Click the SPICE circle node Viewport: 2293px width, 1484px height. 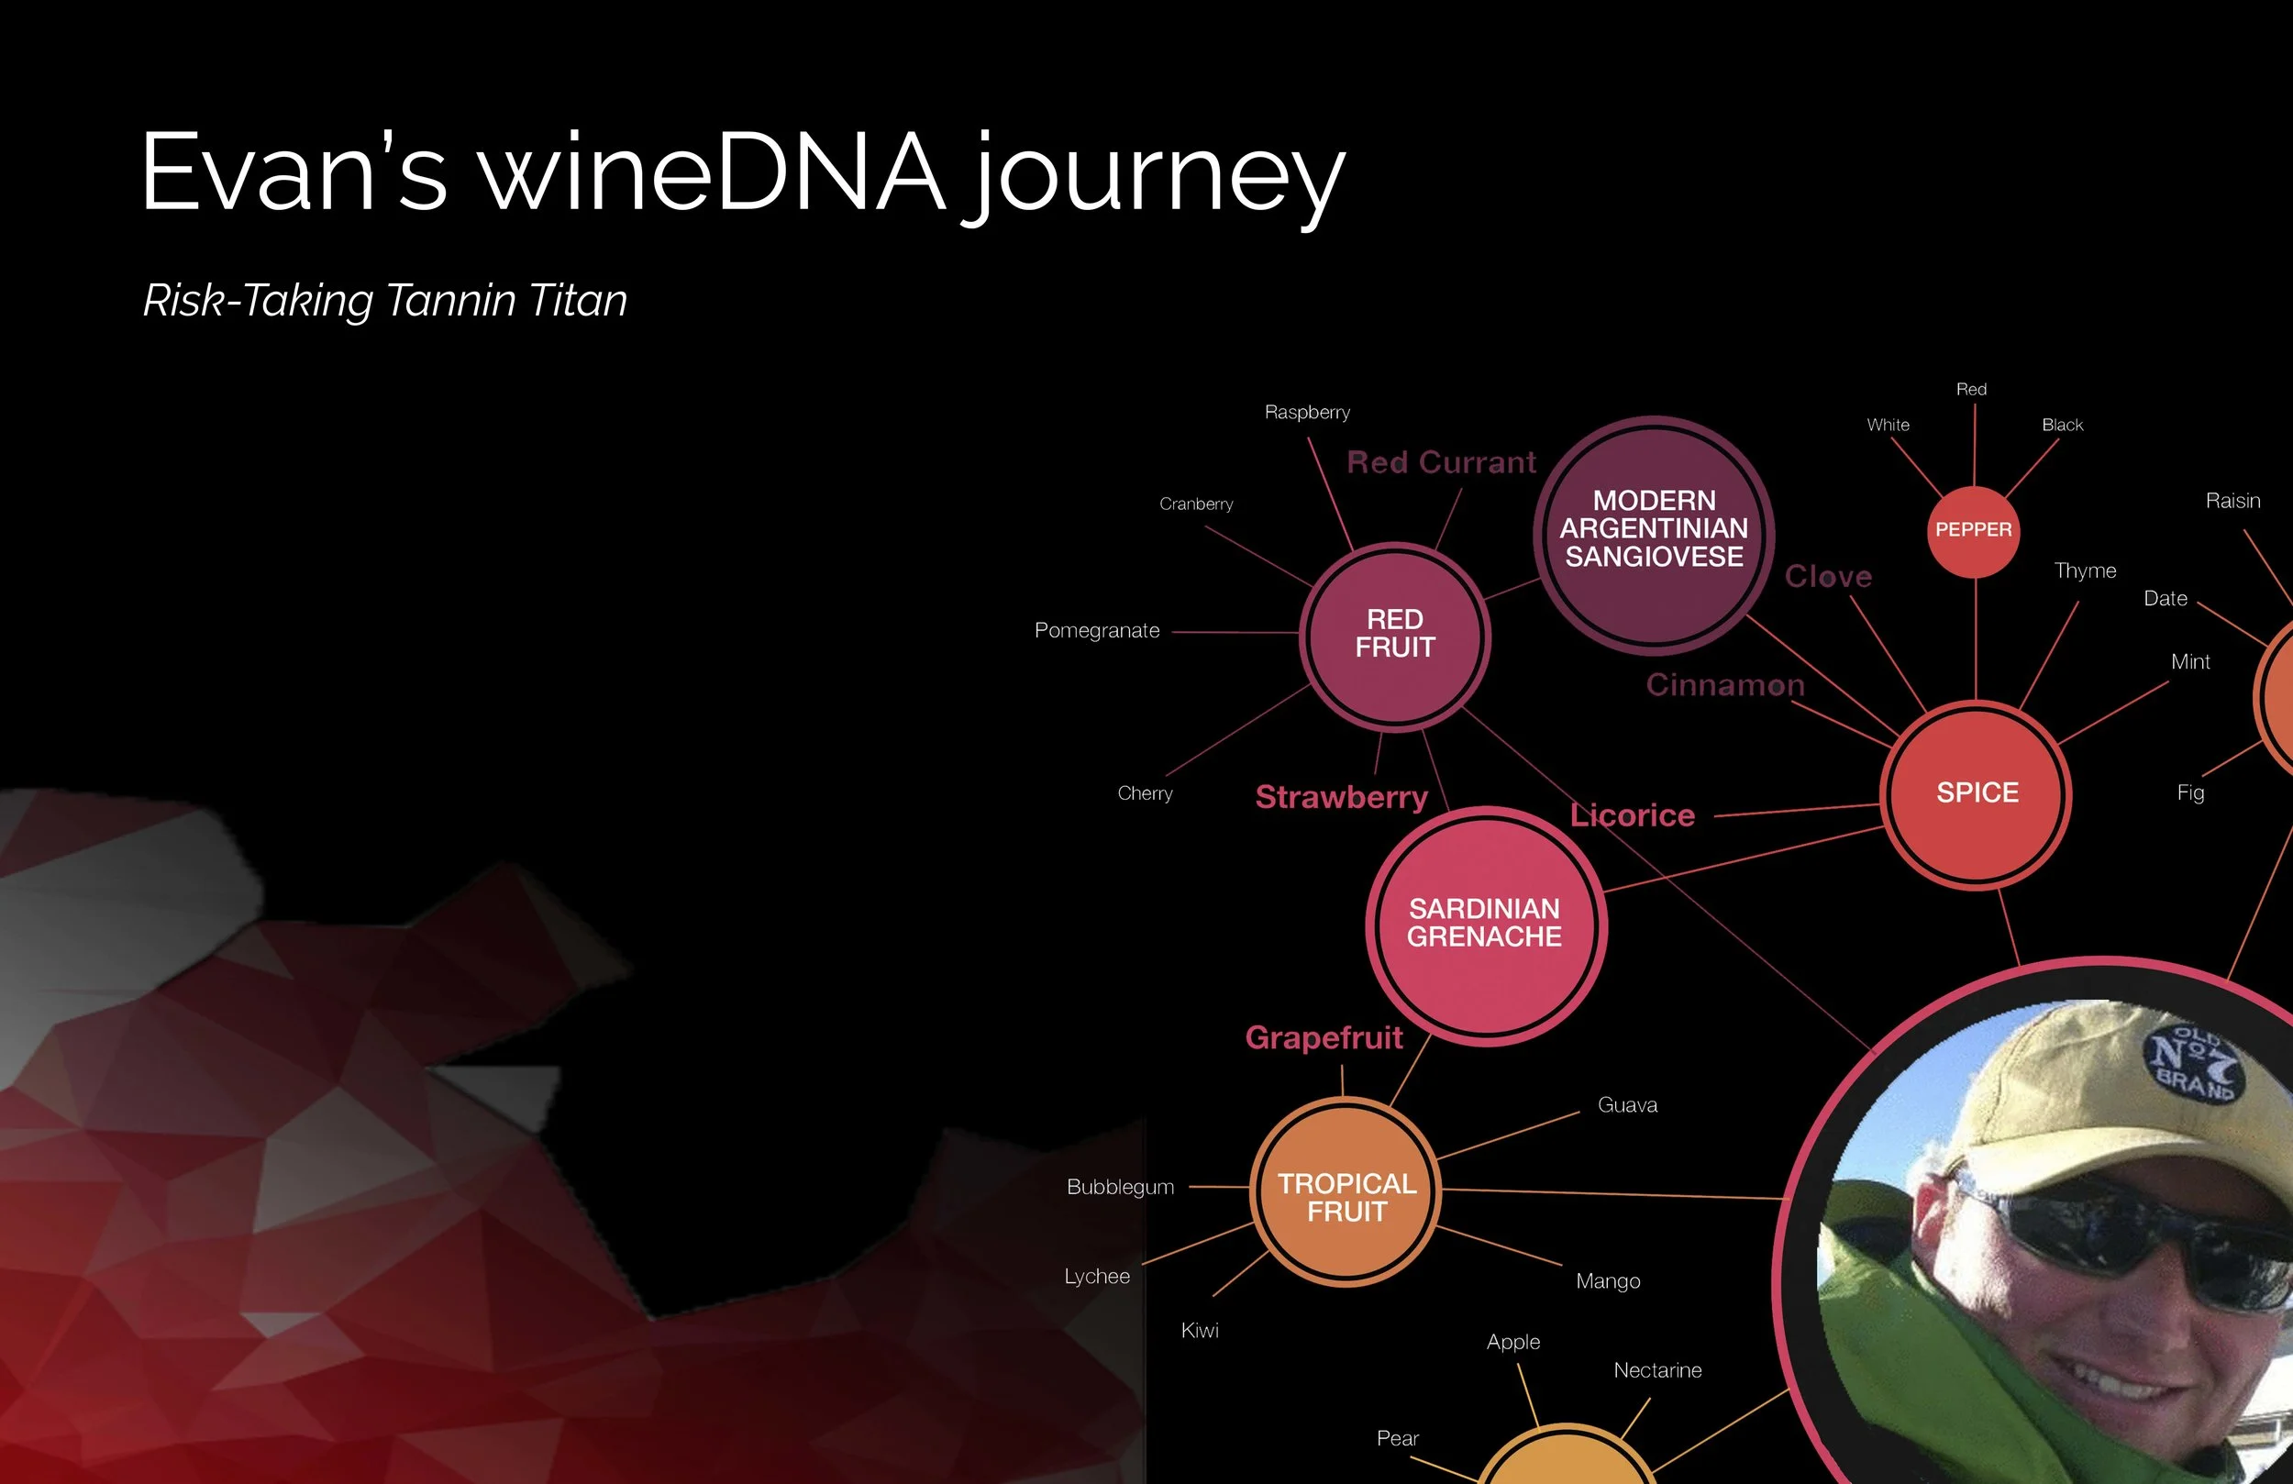(1976, 793)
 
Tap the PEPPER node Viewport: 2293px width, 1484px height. (1973, 530)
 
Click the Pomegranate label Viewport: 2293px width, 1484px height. (1096, 630)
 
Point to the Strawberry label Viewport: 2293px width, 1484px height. (1341, 798)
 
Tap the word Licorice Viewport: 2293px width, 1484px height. (1632, 816)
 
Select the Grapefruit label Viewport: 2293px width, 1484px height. (1324, 1038)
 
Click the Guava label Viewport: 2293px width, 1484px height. (1627, 1105)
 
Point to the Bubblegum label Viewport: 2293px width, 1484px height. (1120, 1187)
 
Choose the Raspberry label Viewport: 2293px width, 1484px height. (1306, 413)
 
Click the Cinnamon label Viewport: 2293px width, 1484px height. (1724, 685)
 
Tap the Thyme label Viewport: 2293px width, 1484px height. (2085, 570)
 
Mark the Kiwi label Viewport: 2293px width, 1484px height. (1200, 1331)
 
